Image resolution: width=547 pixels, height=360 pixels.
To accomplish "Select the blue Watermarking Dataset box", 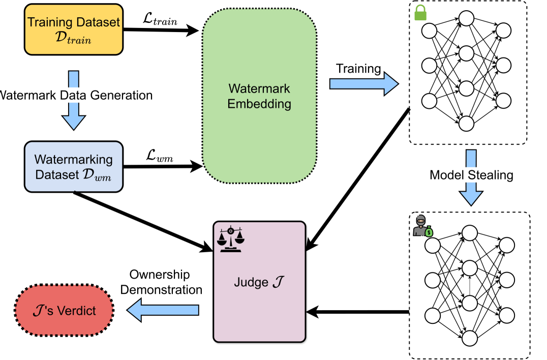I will (x=73, y=167).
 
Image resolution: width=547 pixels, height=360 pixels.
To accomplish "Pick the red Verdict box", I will (x=63, y=310).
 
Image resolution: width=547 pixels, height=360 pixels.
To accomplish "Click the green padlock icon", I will (x=420, y=13).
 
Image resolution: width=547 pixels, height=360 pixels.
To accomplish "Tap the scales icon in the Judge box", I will (x=231, y=239).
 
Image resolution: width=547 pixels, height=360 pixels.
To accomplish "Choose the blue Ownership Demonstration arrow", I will (x=163, y=310).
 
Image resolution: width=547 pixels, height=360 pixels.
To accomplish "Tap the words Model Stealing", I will (x=471, y=175).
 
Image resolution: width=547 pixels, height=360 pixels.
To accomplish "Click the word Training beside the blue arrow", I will (x=358, y=69).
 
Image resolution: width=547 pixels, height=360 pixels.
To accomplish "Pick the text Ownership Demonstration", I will (x=165, y=282).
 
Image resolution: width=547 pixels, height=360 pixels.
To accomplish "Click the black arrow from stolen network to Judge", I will (x=359, y=311).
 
